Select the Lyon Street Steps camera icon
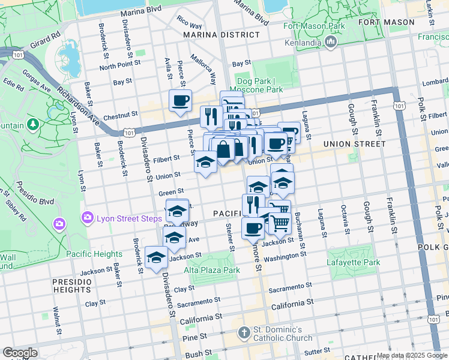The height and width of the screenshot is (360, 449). (88, 218)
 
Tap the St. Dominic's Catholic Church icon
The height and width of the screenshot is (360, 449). (244, 332)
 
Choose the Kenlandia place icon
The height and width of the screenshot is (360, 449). (330, 41)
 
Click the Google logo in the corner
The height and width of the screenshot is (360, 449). (20, 353)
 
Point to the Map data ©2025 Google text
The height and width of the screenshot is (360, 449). (412, 355)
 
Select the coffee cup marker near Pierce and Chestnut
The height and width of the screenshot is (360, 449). (180, 101)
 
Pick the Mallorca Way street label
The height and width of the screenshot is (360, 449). (203, 69)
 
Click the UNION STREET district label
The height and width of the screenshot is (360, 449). (354, 144)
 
